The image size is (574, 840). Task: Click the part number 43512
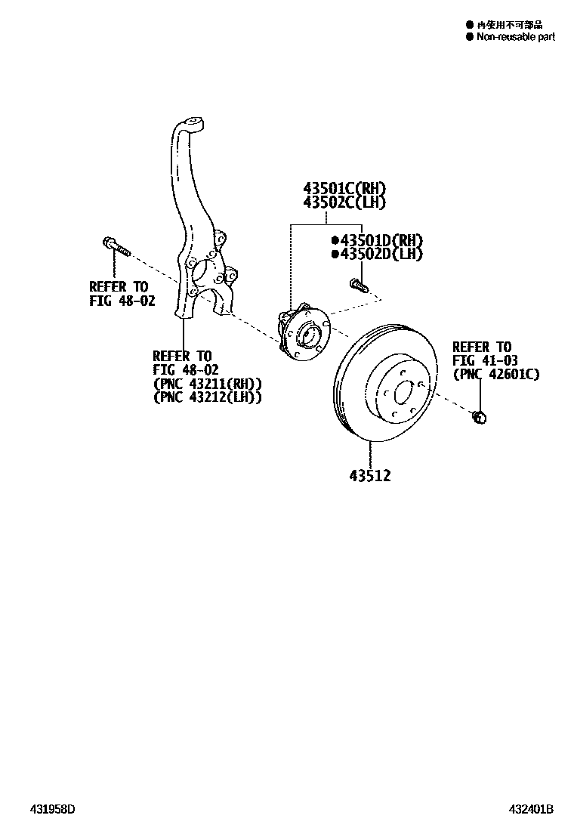click(x=370, y=476)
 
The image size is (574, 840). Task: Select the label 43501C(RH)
click(x=344, y=188)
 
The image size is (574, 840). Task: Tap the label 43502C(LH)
click(x=344, y=202)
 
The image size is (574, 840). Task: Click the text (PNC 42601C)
click(x=495, y=374)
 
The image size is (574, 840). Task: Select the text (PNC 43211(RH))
click(x=207, y=383)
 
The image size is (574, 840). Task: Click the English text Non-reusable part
click(x=516, y=36)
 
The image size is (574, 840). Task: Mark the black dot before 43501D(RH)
click(x=333, y=240)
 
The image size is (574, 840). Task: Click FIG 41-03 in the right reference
click(x=482, y=360)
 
